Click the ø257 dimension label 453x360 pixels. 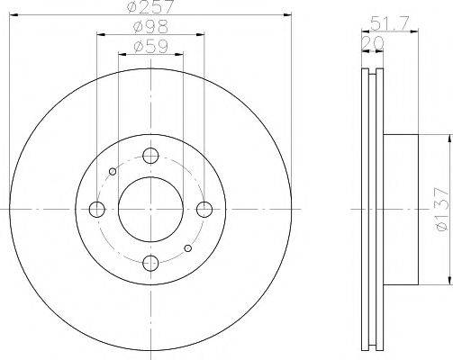pos(150,6)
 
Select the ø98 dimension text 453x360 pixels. pos(150,27)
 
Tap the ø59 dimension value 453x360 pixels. pos(150,47)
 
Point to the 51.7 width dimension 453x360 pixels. pos(389,23)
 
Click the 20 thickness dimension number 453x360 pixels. pos(373,43)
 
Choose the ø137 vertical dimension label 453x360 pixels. pos(443,209)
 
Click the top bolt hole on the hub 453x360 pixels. pos(150,156)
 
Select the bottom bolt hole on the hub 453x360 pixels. pos(150,263)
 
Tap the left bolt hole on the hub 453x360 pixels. pos(97,209)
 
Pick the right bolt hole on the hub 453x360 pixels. pos(204,209)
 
